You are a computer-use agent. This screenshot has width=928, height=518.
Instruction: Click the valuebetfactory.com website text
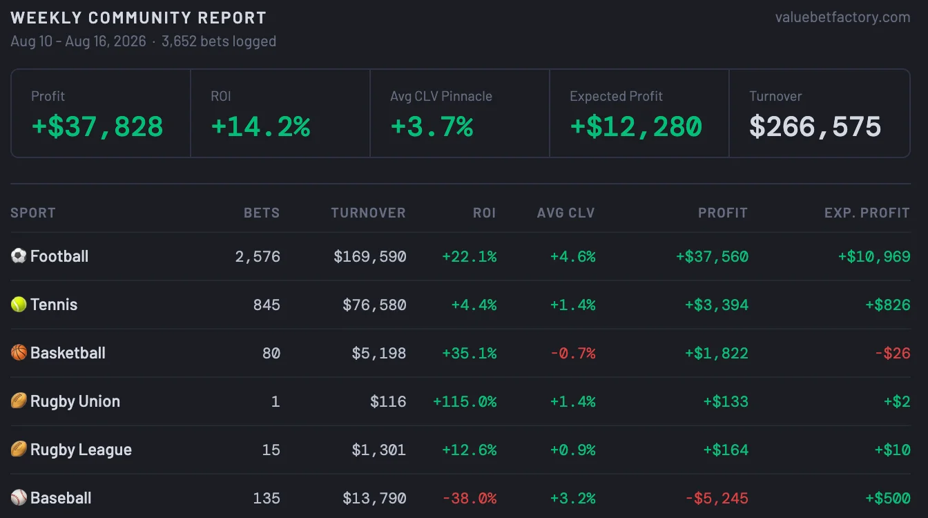(x=842, y=17)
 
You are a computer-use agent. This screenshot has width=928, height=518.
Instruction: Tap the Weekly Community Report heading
(x=138, y=18)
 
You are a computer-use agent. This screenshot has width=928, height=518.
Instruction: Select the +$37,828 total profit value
(x=97, y=126)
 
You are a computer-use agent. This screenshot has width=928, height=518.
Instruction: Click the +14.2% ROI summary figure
(x=260, y=126)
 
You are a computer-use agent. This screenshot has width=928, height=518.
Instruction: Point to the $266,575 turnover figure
(x=815, y=126)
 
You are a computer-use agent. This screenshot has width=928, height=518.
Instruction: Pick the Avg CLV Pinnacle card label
(x=441, y=96)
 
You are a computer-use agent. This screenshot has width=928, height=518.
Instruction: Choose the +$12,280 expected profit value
(x=636, y=126)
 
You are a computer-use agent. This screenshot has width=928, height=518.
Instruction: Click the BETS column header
(x=262, y=213)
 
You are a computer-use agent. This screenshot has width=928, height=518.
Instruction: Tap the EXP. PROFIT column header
(x=867, y=213)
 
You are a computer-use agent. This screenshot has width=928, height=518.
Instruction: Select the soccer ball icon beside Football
(x=19, y=256)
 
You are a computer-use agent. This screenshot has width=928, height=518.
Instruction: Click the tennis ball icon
(x=19, y=304)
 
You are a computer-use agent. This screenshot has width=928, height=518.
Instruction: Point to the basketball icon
(x=19, y=353)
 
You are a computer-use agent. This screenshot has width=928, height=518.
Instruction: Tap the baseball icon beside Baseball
(x=19, y=497)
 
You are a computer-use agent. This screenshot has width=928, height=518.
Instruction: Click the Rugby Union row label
(x=75, y=401)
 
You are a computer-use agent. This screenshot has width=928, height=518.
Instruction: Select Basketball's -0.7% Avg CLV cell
(x=573, y=353)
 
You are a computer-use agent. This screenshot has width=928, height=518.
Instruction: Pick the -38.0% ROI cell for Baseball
(x=470, y=498)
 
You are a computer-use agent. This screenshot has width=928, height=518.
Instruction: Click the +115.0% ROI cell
(x=465, y=401)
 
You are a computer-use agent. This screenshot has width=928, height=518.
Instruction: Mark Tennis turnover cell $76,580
(x=374, y=305)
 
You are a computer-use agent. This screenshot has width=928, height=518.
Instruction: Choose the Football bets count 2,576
(x=258, y=256)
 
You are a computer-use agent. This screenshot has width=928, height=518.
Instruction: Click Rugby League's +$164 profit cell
(x=726, y=450)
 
